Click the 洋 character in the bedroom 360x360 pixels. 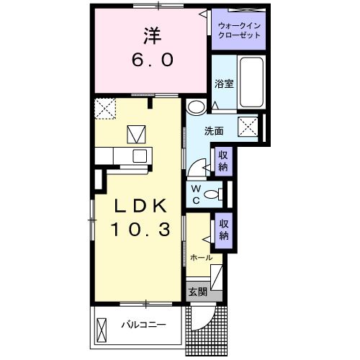151,35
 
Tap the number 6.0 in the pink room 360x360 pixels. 151,61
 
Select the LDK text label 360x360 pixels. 142,206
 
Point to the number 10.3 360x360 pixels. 141,230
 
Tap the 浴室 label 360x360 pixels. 223,84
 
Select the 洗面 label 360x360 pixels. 213,132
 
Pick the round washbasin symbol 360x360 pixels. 194,107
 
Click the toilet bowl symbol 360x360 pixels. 212,193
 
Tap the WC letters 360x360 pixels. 195,193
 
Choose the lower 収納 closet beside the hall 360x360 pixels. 225,230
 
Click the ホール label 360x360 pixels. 201,257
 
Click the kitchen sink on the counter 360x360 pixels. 138,156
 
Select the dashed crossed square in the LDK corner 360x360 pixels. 104,109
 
